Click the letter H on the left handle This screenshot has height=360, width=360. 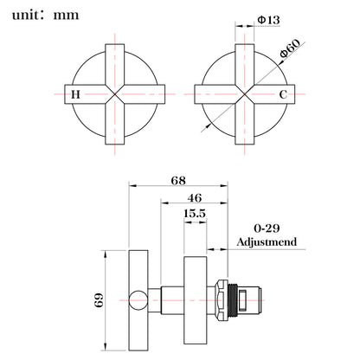pyautogui.click(x=75, y=94)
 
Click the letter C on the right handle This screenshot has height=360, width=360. pyautogui.click(x=283, y=94)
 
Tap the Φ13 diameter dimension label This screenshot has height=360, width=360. pyautogui.click(x=268, y=20)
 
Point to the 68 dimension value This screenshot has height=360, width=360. pyautogui.click(x=178, y=181)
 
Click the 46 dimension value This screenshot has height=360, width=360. pyautogui.click(x=195, y=198)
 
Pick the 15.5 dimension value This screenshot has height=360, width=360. pyautogui.click(x=195, y=214)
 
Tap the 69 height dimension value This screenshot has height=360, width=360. pyautogui.click(x=99, y=300)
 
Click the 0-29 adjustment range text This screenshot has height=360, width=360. pyautogui.click(x=267, y=228)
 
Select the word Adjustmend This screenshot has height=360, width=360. pyautogui.click(x=267, y=241)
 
